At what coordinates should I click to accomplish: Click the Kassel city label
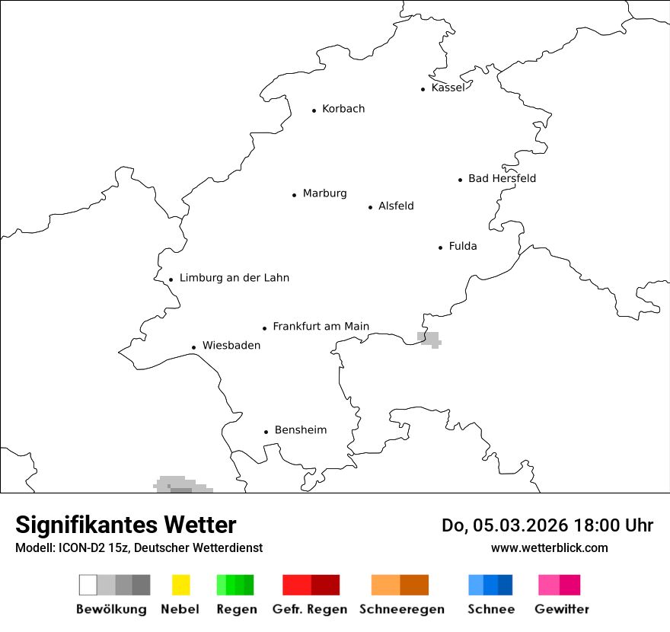[x=448, y=88]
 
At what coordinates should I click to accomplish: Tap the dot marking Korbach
[x=314, y=110]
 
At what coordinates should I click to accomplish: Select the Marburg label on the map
[x=324, y=193]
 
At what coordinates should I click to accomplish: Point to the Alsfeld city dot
[x=371, y=207]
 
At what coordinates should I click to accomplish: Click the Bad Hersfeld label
[x=502, y=178]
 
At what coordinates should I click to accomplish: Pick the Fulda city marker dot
[x=441, y=247]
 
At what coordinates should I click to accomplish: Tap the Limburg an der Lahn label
[x=234, y=278]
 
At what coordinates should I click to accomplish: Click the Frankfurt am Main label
[x=321, y=327]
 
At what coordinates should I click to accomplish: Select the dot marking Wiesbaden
[x=194, y=347]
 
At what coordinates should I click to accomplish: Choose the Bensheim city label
[x=301, y=430]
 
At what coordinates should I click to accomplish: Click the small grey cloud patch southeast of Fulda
[x=430, y=339]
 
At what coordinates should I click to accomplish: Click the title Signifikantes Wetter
[x=126, y=525]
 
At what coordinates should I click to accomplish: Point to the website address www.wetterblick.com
[x=549, y=547]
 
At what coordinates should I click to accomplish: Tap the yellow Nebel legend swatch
[x=180, y=585]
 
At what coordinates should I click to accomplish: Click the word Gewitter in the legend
[x=562, y=609]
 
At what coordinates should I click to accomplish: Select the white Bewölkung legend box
[x=88, y=585]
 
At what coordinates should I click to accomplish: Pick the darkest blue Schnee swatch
[x=506, y=585]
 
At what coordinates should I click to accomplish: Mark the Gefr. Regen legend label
[x=310, y=609]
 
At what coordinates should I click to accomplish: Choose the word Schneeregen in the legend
[x=402, y=609]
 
